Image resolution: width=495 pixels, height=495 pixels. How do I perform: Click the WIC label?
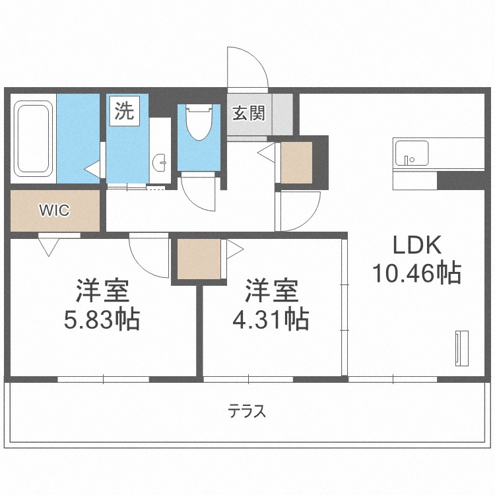pos(54,211)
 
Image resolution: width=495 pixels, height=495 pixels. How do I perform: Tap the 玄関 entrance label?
pos(248,114)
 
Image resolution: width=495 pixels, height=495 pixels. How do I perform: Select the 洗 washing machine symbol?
pos(124,111)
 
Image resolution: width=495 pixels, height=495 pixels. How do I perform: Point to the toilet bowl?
pos(198,123)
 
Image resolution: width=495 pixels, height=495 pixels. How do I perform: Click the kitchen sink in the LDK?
pos(411,153)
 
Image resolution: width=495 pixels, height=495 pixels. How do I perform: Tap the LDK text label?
pos(416,246)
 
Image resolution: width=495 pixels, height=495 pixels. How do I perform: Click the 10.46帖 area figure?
pos(416,272)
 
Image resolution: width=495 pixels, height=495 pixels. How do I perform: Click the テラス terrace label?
pos(247,412)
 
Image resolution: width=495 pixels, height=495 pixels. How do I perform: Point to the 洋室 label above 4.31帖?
pos(272,291)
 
